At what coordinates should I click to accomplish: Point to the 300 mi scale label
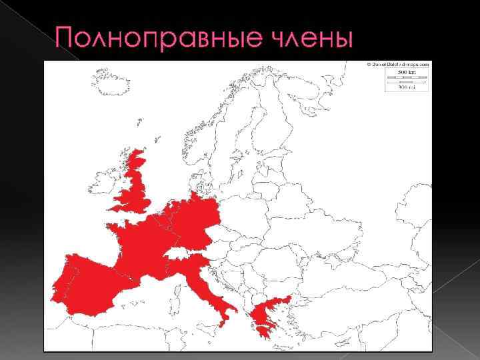(406, 87)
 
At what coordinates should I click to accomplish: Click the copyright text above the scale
(397, 64)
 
